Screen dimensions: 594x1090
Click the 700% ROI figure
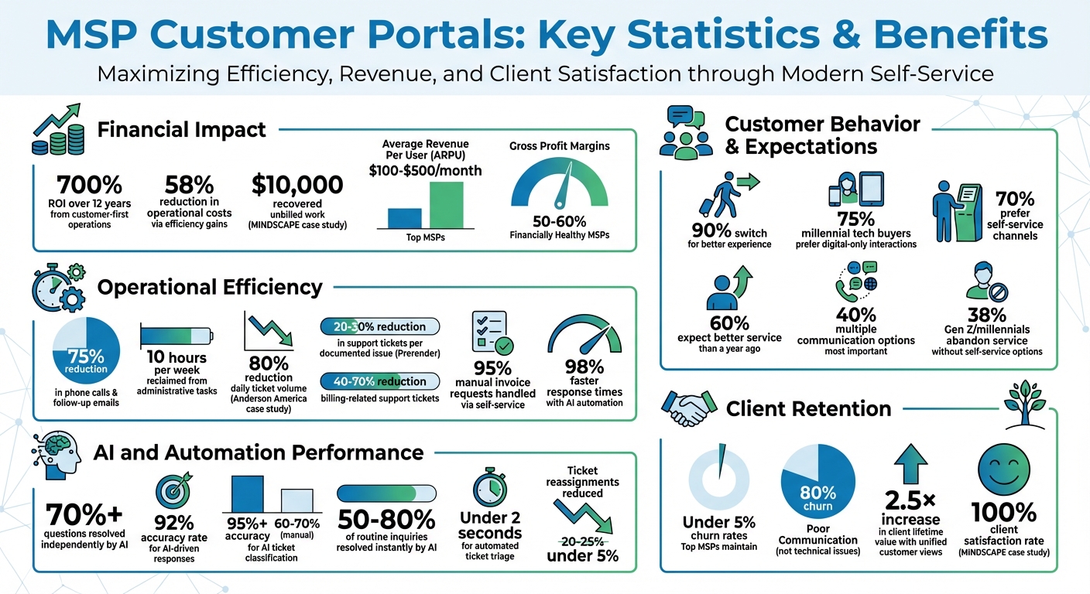(89, 185)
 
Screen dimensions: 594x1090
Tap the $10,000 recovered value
(297, 185)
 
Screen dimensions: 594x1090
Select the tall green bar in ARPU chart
(446, 205)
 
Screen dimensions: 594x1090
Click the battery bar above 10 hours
(177, 335)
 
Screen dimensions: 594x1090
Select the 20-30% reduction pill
(379, 326)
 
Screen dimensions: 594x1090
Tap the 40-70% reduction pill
(379, 381)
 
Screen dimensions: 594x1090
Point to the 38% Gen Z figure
(986, 315)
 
